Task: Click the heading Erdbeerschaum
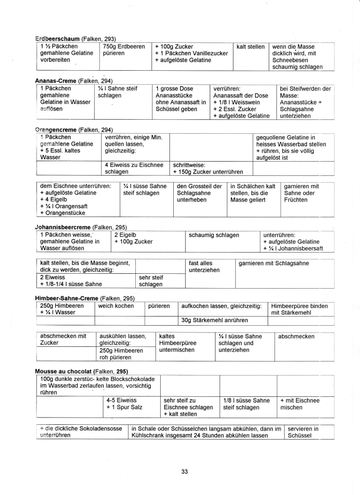58,38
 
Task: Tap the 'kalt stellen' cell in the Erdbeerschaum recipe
251,47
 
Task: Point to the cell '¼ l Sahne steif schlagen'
117,92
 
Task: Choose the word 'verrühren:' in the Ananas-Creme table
227,89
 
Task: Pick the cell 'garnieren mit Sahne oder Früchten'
302,192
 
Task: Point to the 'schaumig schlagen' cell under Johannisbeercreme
214,235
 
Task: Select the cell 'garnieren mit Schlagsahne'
274,263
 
